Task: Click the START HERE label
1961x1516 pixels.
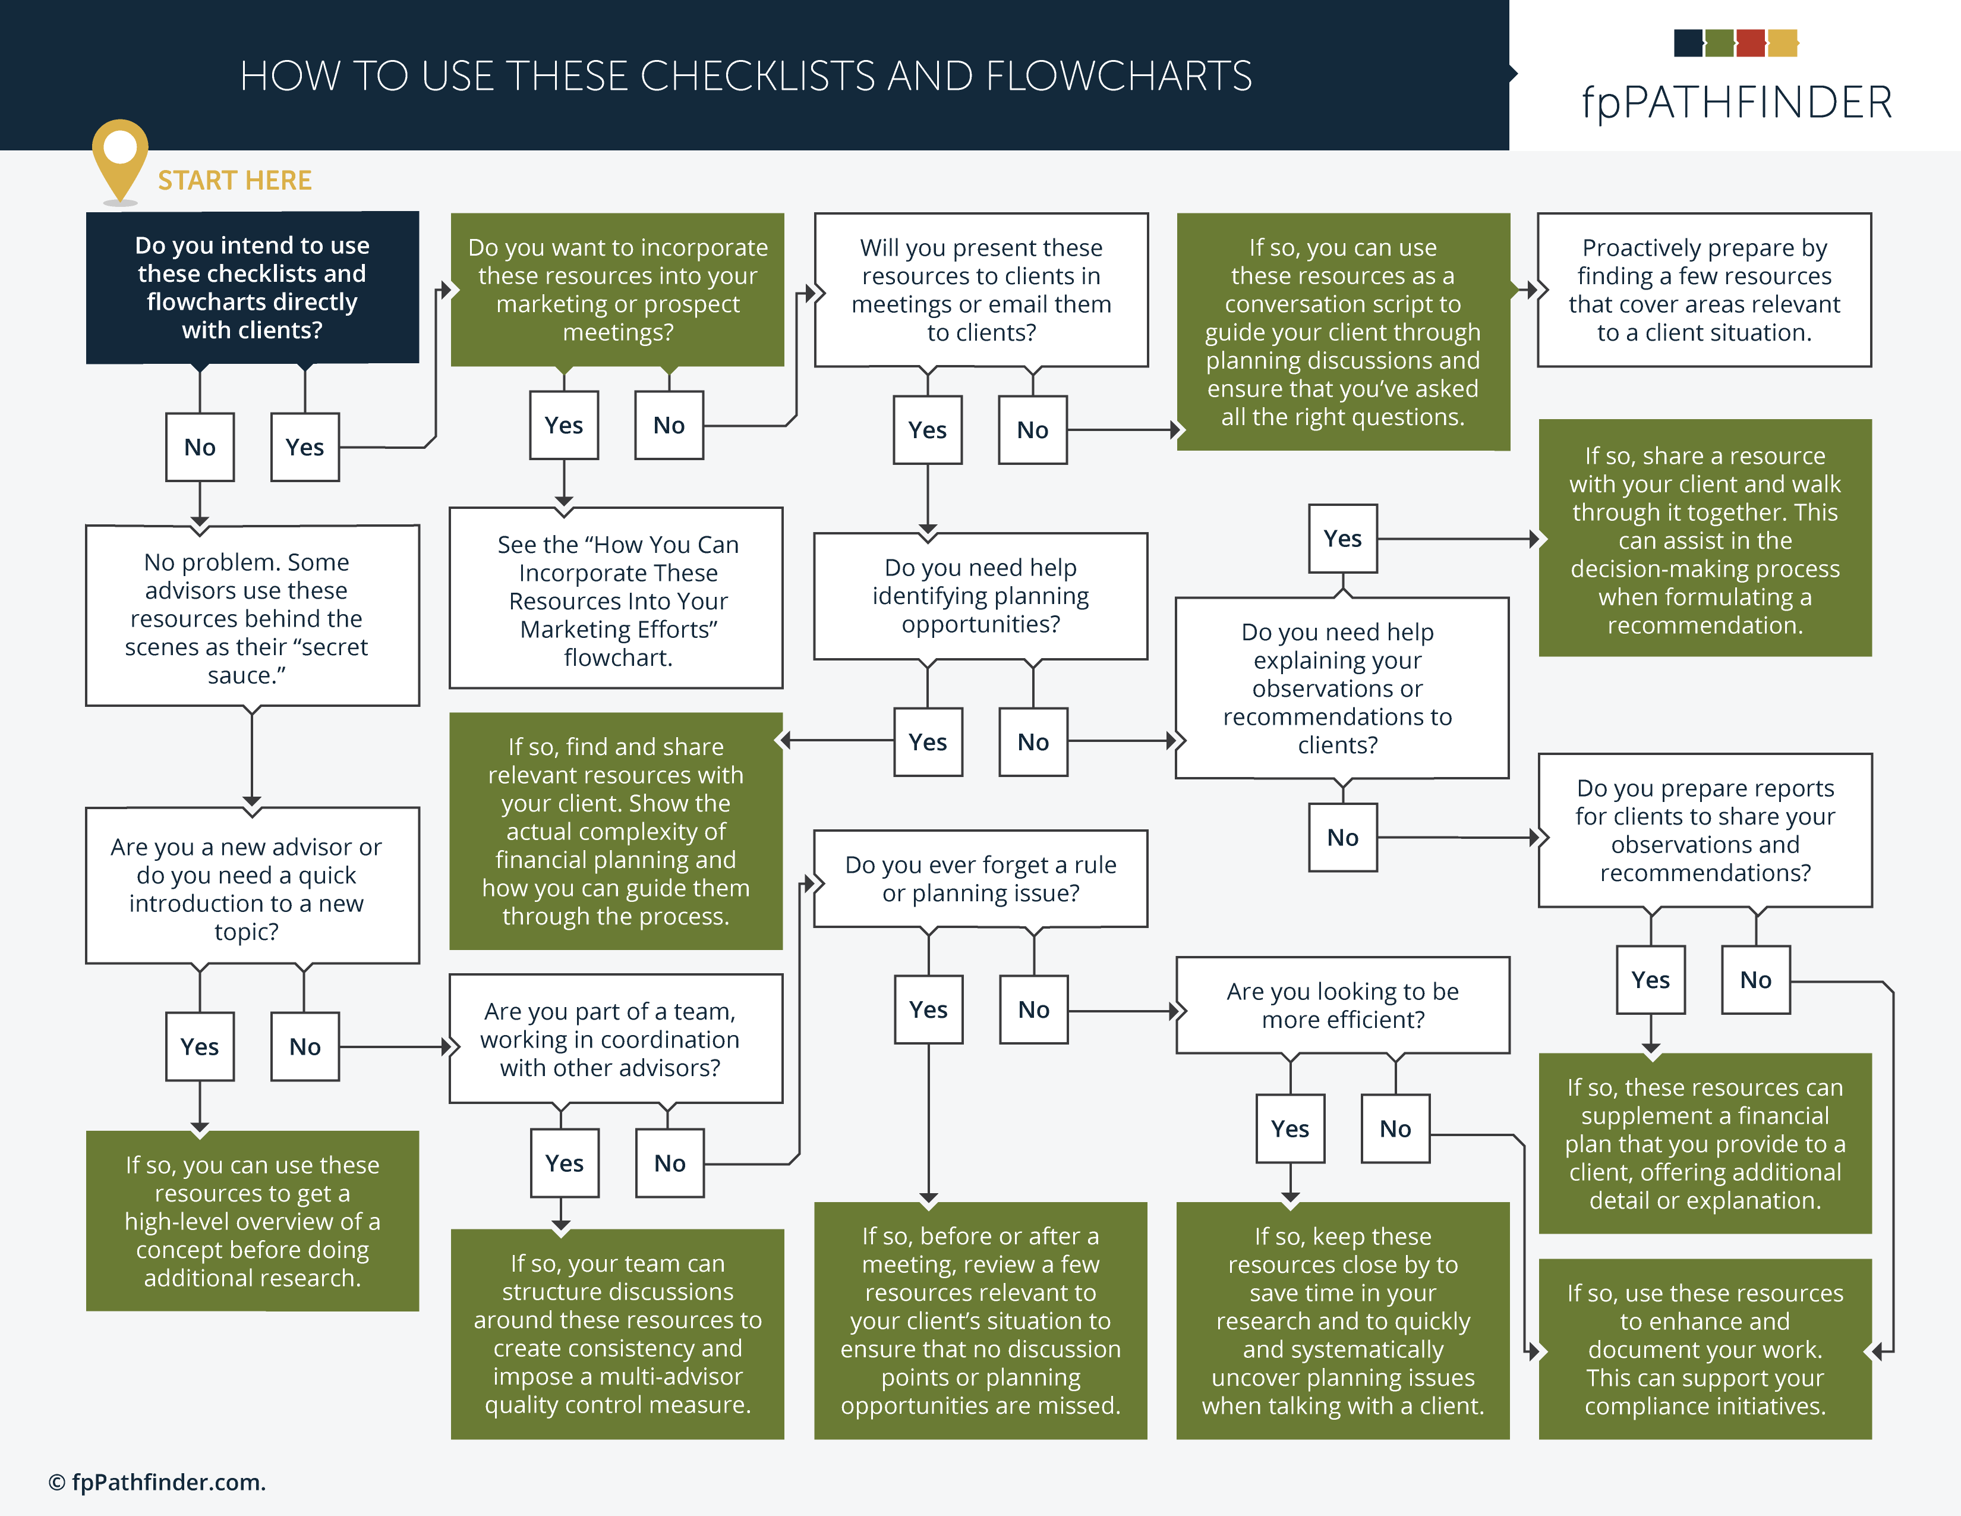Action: pyautogui.click(x=234, y=181)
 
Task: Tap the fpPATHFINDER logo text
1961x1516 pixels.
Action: pyautogui.click(x=1736, y=102)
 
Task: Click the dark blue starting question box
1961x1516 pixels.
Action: pyautogui.click(x=253, y=287)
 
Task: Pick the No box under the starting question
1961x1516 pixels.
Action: pyautogui.click(x=199, y=447)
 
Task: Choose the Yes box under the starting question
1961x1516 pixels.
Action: pyautogui.click(x=304, y=447)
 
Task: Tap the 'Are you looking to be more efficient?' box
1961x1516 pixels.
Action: pyautogui.click(x=1342, y=1005)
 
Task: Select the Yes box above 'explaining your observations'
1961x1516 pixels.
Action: pyautogui.click(x=1342, y=539)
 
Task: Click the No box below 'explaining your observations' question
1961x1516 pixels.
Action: pyautogui.click(x=1342, y=838)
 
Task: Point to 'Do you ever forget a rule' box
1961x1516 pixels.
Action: pyautogui.click(x=980, y=878)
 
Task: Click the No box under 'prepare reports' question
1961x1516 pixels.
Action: pyautogui.click(x=1755, y=980)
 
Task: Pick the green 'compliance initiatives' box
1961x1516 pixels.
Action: pyautogui.click(x=1704, y=1349)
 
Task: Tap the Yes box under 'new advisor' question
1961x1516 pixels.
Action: pyautogui.click(x=199, y=1047)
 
